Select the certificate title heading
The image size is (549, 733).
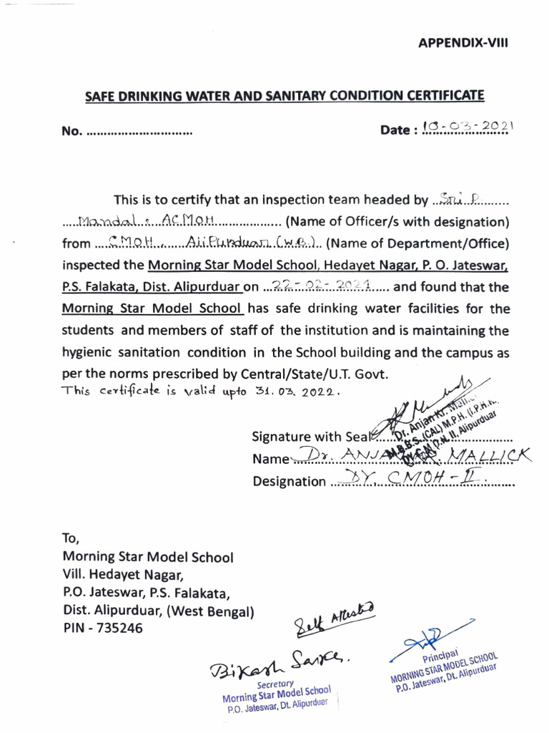click(x=285, y=95)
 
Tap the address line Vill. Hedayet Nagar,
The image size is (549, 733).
click(x=124, y=575)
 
